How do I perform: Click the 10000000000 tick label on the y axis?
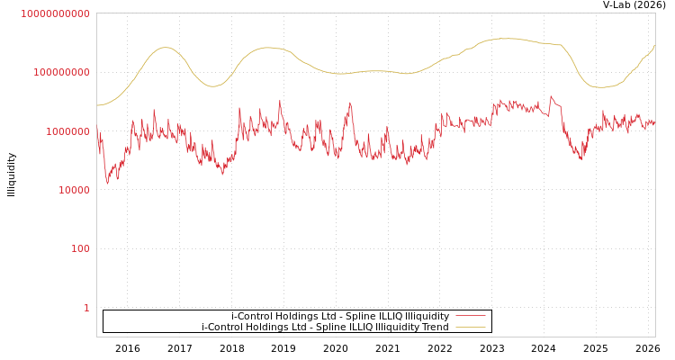[56, 13]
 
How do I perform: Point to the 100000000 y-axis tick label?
[62, 72]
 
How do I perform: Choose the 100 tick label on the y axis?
[80, 248]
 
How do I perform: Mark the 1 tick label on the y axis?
[86, 308]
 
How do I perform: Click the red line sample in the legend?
[470, 316]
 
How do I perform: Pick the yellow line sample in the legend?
[470, 327]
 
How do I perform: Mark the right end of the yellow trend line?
[655, 45]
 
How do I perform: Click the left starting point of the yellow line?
[97, 105]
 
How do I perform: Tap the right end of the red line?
[655, 122]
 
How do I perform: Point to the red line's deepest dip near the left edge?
[107, 184]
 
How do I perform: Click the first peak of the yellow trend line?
[165, 48]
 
